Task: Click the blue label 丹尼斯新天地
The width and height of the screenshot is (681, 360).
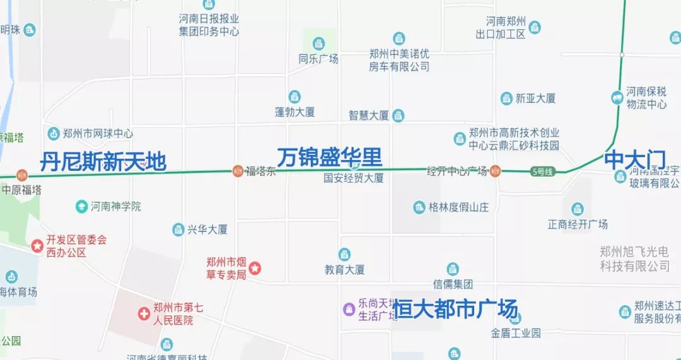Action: point(103,162)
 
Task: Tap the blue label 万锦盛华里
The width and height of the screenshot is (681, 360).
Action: point(329,158)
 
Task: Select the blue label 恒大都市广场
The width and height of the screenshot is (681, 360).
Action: point(455,310)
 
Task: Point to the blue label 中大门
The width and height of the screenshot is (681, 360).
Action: point(634,160)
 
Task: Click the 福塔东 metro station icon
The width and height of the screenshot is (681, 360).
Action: point(238,170)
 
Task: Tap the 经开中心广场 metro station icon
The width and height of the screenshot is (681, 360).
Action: point(496,170)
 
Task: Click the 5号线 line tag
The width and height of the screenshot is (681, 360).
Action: point(542,171)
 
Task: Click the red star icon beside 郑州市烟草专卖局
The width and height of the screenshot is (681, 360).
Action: point(255,269)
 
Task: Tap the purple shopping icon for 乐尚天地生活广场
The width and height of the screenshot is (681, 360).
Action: point(349,308)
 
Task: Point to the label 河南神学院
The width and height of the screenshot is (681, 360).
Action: point(115,206)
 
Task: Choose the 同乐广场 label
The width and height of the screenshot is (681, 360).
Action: point(318,59)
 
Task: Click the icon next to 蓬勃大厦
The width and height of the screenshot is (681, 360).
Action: point(294,97)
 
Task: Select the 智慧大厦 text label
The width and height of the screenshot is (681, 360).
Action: point(368,116)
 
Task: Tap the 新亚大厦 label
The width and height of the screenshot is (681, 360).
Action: point(535,98)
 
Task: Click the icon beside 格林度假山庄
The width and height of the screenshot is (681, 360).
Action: point(419,207)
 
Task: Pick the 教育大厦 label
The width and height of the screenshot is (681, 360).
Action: point(344,270)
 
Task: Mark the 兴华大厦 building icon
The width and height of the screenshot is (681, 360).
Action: point(178,229)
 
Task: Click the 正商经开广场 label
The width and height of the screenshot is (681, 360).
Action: point(578,224)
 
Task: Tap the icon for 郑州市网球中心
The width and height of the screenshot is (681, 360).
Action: point(54,134)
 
